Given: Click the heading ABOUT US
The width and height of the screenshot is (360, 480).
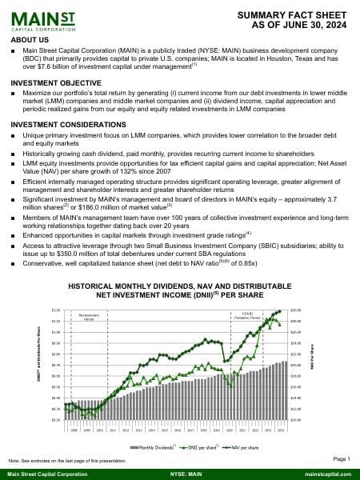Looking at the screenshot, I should point(30,39).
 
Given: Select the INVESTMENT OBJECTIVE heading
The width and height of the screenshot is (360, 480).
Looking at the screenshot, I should point(52,83).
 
